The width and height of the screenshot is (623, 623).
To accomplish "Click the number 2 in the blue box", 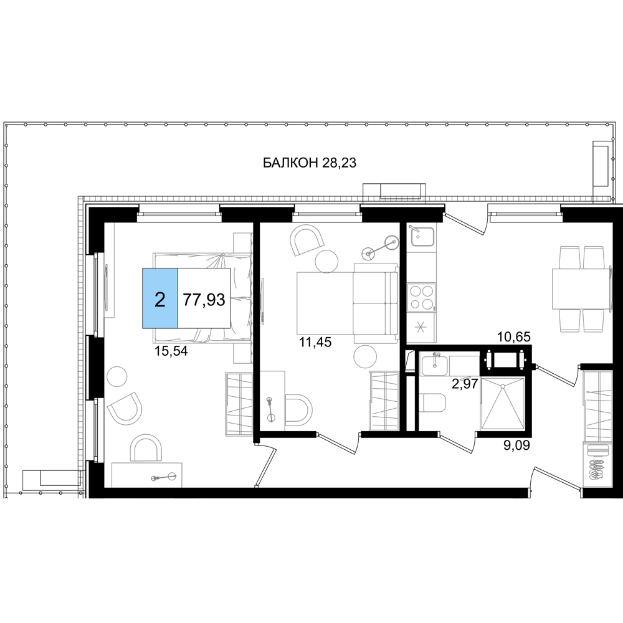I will (160, 300).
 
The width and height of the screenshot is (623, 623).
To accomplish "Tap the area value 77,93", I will (204, 300).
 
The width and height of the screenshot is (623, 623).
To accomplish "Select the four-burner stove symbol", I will (421, 297).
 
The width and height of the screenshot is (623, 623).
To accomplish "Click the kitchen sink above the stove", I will (421, 237).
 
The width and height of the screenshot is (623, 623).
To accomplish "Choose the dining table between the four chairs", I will (581, 288).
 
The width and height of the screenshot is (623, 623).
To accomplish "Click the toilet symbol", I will (434, 403).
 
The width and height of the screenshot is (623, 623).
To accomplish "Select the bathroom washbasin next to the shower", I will (434, 364).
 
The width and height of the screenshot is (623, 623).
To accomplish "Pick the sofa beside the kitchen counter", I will (376, 303).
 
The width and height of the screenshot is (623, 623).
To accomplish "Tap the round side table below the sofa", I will (364, 358).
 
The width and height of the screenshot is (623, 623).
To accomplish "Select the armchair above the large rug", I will (307, 239).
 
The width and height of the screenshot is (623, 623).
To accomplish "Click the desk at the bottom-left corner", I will (148, 475).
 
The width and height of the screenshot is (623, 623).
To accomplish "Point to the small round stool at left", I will (117, 377).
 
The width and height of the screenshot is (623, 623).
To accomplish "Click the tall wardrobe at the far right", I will (597, 429).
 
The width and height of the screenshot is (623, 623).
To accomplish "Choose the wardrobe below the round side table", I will (384, 400).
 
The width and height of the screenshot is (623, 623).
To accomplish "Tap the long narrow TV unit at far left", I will (110, 270).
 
